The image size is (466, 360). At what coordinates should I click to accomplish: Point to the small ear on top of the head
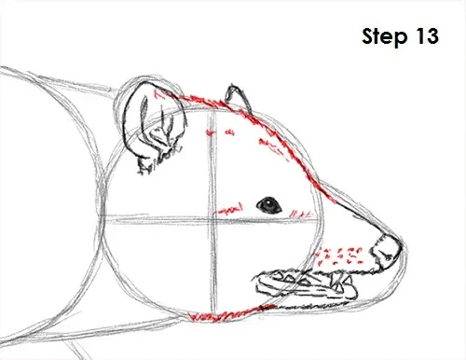click(x=238, y=98)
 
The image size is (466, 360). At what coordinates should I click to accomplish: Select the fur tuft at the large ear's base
click(x=146, y=165)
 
